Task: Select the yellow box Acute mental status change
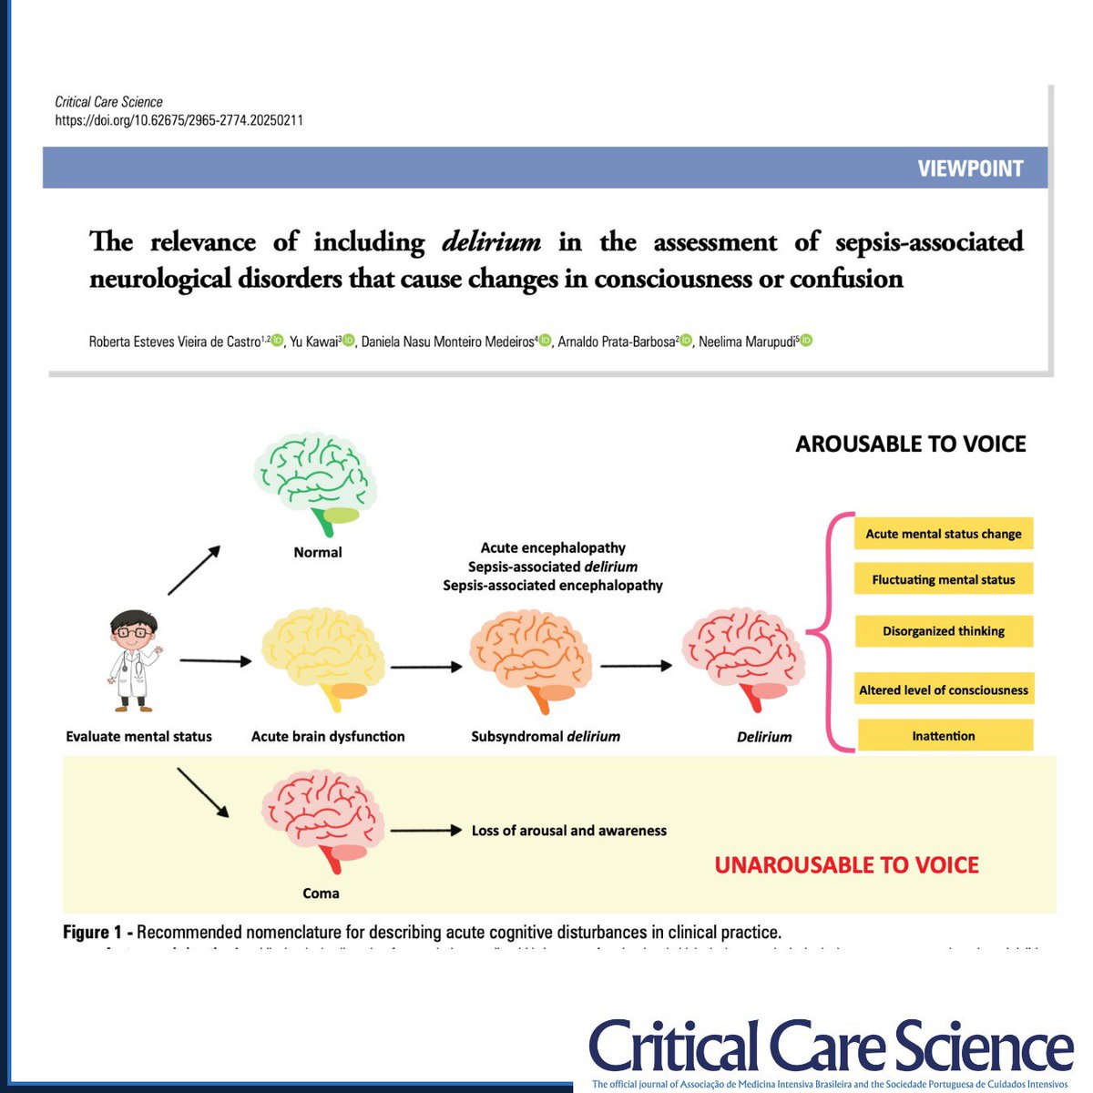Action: [943, 534]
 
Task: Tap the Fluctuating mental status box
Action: [943, 579]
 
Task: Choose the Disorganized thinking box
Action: [943, 630]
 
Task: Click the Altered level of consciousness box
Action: [943, 690]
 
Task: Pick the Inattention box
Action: [943, 735]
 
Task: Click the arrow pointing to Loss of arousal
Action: [426, 830]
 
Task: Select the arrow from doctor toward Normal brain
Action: [194, 570]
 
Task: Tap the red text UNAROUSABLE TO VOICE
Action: [846, 864]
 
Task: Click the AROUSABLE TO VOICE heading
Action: [910, 444]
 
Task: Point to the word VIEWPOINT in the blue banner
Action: [970, 169]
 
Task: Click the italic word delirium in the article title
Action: [491, 241]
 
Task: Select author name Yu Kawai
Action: [314, 342]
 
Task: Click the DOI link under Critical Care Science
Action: [179, 119]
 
